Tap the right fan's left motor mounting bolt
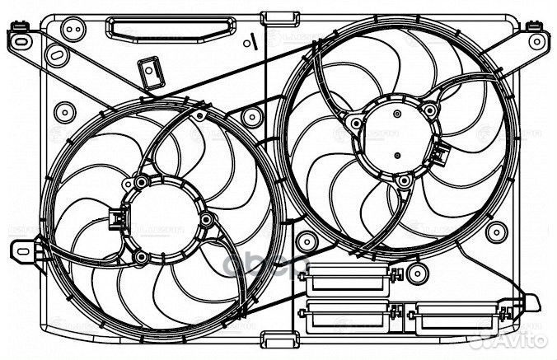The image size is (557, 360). pyautogui.click(x=355, y=124)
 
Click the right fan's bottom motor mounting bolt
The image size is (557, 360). pyautogui.click(x=401, y=180)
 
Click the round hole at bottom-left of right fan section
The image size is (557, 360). pyautogui.click(x=307, y=242)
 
